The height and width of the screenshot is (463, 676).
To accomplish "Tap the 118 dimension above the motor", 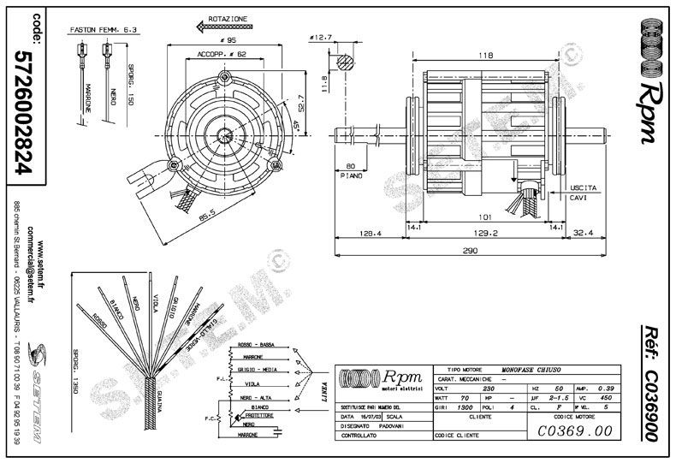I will (x=485, y=56).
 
